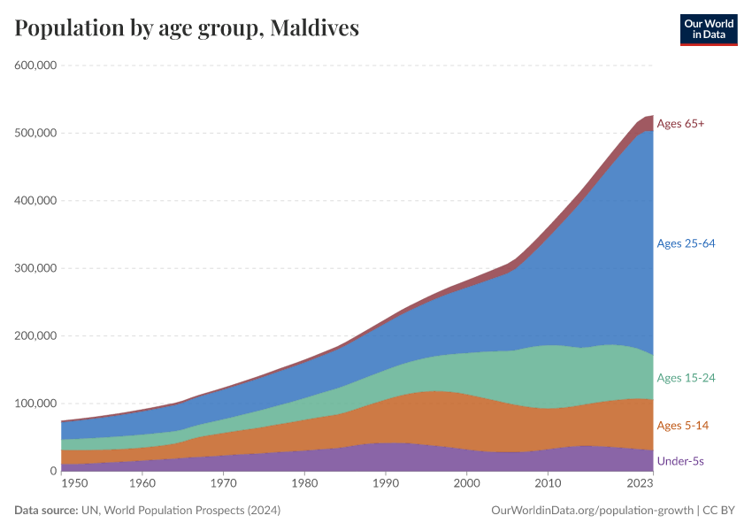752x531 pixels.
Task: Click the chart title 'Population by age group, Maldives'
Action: [187, 27]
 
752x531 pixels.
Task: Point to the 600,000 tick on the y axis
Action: [35, 65]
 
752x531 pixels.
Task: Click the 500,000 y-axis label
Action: [35, 133]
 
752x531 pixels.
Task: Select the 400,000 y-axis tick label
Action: [35, 201]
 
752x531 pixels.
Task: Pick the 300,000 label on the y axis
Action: [35, 268]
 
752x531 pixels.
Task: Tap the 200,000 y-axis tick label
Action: [35, 336]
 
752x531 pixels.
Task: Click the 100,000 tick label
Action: [35, 404]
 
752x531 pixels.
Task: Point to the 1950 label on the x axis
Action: [74, 484]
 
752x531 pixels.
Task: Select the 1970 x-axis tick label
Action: [224, 484]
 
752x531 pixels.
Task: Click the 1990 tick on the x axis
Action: [385, 484]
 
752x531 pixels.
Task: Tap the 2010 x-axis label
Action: [548, 484]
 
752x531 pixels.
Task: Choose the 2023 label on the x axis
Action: [640, 484]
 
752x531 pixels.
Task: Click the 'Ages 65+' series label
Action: [680, 124]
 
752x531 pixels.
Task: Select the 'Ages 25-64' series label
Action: [686, 243]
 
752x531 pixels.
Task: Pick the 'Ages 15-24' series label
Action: [686, 378]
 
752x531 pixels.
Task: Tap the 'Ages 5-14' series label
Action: [682, 426]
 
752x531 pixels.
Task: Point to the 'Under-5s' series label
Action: [680, 461]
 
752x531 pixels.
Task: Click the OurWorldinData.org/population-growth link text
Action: [592, 511]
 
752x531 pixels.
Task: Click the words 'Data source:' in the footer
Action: [44, 511]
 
